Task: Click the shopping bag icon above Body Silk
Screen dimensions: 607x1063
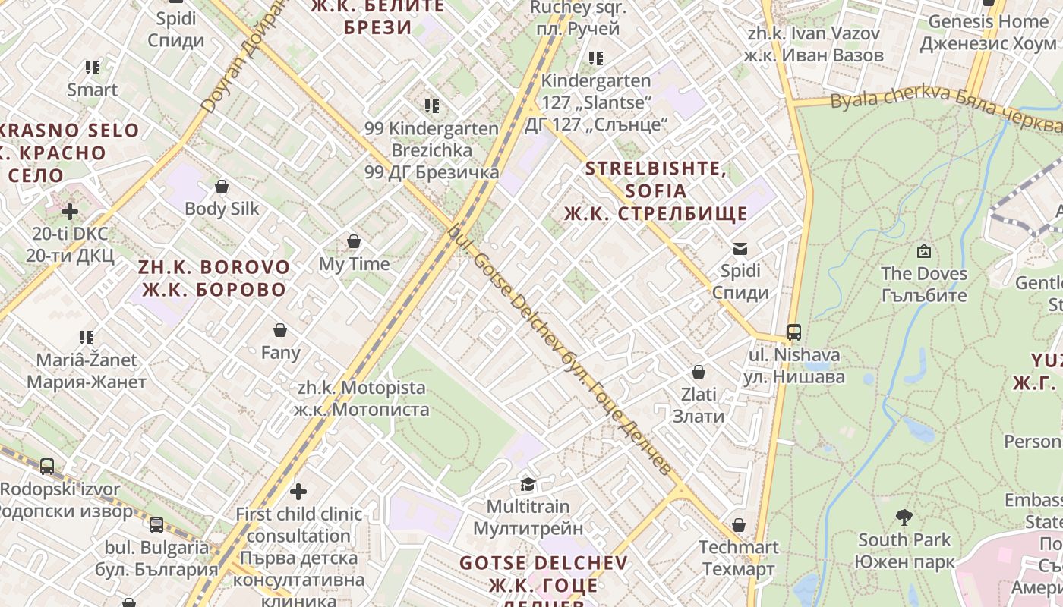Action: [222, 187]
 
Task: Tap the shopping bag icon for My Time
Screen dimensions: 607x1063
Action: [354, 242]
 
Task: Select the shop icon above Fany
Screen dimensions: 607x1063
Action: [280, 331]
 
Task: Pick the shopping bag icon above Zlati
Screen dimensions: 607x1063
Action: [699, 372]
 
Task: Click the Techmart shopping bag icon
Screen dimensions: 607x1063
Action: [739, 525]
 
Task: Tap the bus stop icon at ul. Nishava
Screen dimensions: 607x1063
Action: [794, 332]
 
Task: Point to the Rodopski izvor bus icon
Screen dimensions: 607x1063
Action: [47, 467]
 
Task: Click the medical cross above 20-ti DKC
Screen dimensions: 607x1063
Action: [70, 211]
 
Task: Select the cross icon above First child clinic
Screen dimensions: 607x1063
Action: [298, 492]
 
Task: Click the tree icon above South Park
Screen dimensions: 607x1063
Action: [904, 517]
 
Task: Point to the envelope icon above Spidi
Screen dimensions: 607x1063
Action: [740, 248]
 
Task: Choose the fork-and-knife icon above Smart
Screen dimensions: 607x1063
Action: [93, 68]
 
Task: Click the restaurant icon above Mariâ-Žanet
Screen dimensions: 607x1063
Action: [87, 338]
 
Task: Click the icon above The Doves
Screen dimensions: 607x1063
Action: [924, 251]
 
